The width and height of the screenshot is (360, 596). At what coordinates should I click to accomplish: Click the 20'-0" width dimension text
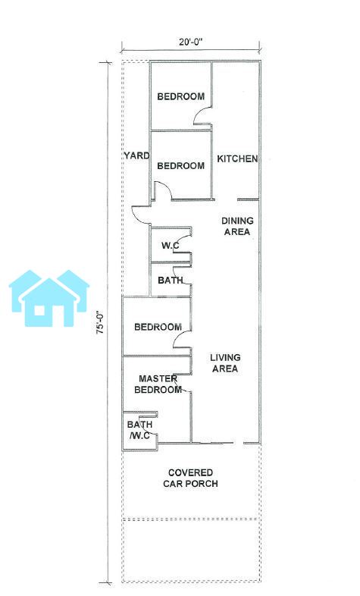coord(191,42)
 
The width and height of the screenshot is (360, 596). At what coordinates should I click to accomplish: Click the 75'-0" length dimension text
coord(101,323)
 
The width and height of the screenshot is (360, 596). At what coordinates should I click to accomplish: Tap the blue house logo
coord(49,298)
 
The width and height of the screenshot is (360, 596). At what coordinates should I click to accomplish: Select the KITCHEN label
coord(237,158)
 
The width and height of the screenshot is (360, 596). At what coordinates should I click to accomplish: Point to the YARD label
coord(136,155)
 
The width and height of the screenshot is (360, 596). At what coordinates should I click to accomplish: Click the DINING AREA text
coord(237,226)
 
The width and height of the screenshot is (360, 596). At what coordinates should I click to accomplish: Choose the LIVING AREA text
coord(225,363)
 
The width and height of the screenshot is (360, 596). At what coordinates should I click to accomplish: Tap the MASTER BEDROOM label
coord(158,384)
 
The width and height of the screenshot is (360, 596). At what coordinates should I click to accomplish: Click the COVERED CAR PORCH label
coord(191,478)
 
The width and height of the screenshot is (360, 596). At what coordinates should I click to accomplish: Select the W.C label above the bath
coord(170,246)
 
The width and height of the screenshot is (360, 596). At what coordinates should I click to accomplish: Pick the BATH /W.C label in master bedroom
coord(139,430)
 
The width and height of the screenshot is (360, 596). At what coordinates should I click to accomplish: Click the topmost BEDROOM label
coord(181,96)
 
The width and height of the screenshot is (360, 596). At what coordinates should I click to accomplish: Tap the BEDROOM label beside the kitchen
coord(181,166)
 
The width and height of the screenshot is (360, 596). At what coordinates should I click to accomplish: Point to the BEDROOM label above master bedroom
coord(158,327)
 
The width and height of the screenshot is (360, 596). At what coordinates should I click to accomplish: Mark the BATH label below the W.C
coord(171,281)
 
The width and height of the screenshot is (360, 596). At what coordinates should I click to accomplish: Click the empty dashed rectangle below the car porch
coord(191,549)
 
